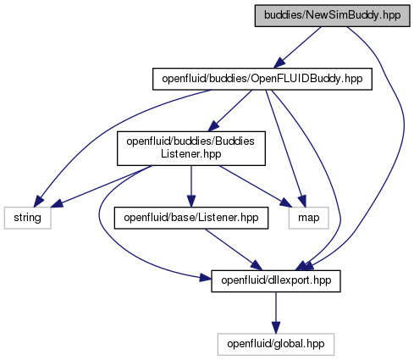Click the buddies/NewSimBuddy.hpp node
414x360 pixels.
pos(332,15)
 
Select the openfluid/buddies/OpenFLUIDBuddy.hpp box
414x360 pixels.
pos(262,79)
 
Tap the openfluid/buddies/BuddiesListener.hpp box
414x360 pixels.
pos(191,148)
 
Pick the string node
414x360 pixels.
pos(27,218)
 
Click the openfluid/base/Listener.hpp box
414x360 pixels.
pos(191,218)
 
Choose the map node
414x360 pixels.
pos(309,218)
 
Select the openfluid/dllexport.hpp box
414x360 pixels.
pos(276,281)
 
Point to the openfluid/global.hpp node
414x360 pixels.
pos(276,344)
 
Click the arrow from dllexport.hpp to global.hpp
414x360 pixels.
pos(276,313)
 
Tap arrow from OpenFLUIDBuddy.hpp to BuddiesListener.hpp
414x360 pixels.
pos(229,111)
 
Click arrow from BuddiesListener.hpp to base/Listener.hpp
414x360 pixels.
pos(191,186)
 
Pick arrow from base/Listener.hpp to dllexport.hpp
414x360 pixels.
pos(234,249)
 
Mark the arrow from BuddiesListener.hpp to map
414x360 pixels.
pos(256,186)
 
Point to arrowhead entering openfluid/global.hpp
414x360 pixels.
pos(276,328)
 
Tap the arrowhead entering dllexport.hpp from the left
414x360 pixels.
pos(205,278)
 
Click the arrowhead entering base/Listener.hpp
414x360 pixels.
pos(191,201)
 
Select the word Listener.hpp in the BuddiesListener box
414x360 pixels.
pos(191,154)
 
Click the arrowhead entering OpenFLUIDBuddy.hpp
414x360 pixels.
pos(279,63)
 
